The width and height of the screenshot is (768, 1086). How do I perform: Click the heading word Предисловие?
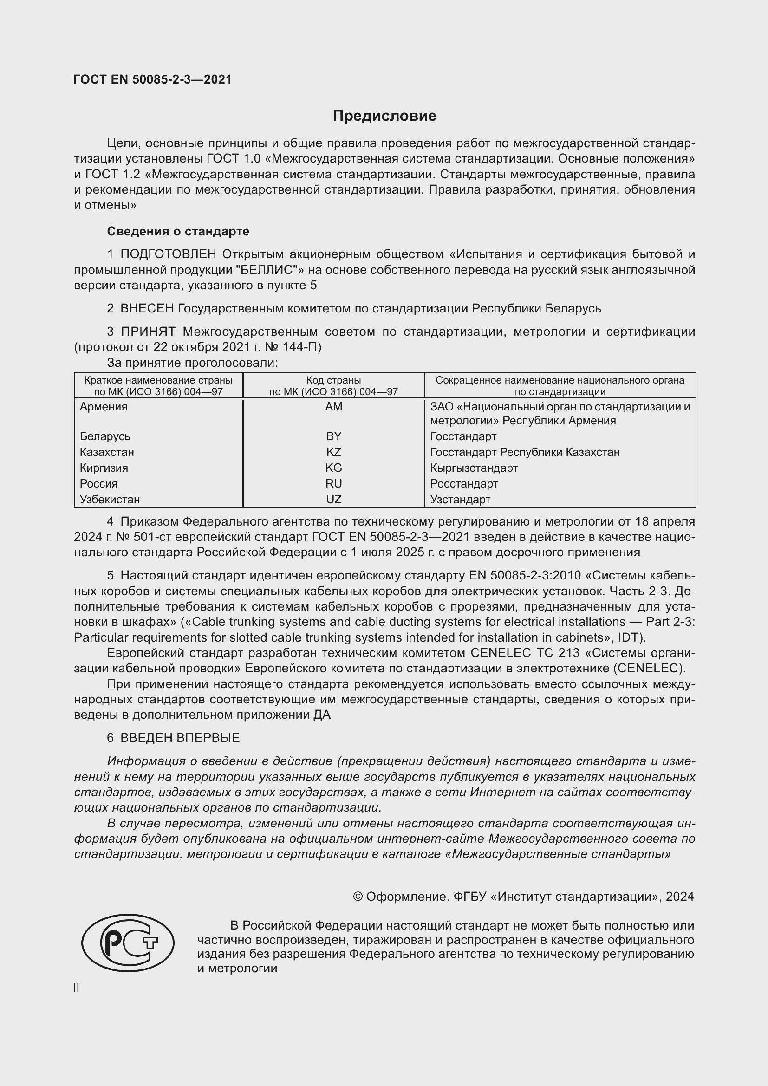pyautogui.click(x=384, y=116)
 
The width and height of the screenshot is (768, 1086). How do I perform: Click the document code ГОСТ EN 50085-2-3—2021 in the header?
pyautogui.click(x=153, y=79)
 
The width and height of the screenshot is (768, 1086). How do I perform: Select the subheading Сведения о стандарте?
pyautogui.click(x=178, y=231)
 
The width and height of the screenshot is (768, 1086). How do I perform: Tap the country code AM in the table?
pyautogui.click(x=333, y=407)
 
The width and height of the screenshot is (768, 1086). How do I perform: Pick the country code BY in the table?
pyautogui.click(x=333, y=436)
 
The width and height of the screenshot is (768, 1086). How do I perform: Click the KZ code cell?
pyautogui.click(x=333, y=452)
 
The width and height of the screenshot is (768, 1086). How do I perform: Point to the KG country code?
pyautogui.click(x=333, y=468)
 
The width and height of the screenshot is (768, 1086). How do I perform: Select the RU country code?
pyautogui.click(x=333, y=483)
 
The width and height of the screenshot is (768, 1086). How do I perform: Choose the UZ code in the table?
pyautogui.click(x=333, y=499)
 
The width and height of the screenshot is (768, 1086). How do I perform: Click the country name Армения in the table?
pyautogui.click(x=103, y=407)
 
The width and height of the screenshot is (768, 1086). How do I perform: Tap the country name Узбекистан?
pyautogui.click(x=110, y=499)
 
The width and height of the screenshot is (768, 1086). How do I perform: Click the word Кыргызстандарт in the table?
pyautogui.click(x=474, y=468)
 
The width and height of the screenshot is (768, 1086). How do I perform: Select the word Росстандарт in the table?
pyautogui.click(x=464, y=483)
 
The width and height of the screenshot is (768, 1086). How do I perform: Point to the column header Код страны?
pyautogui.click(x=333, y=380)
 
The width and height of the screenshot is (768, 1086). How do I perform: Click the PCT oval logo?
pyautogui.click(x=128, y=943)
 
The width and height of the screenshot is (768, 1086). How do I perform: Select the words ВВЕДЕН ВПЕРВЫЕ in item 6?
pyautogui.click(x=180, y=738)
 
